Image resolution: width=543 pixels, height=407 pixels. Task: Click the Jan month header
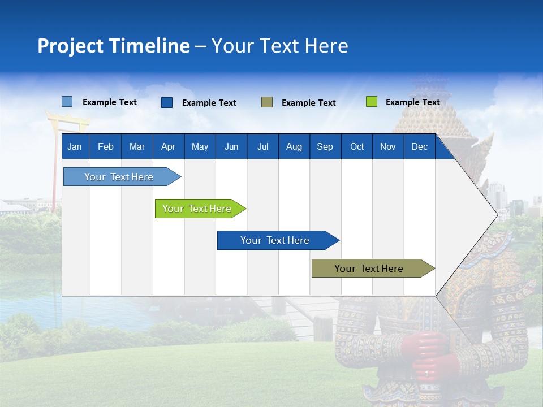click(75, 146)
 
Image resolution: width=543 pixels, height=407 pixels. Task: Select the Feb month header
click(106, 146)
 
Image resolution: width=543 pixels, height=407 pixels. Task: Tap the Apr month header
click(168, 146)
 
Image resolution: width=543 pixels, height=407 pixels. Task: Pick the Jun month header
click(231, 146)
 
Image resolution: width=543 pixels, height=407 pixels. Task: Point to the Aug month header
click(294, 146)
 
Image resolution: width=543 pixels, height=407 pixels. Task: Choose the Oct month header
click(357, 146)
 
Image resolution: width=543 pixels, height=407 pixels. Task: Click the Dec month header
click(420, 146)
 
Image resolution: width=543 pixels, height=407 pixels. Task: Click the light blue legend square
click(67, 102)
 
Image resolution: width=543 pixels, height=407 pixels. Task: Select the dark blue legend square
click(167, 102)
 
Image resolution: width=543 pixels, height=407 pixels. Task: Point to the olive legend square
click(267, 102)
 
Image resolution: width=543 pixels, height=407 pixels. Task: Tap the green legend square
click(371, 102)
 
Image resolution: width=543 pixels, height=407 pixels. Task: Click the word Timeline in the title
click(149, 46)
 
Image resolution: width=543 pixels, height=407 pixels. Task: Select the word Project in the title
click(71, 46)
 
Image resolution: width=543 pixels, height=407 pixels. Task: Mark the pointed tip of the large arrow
click(497, 214)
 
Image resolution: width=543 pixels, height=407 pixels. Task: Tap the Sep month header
click(325, 146)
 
